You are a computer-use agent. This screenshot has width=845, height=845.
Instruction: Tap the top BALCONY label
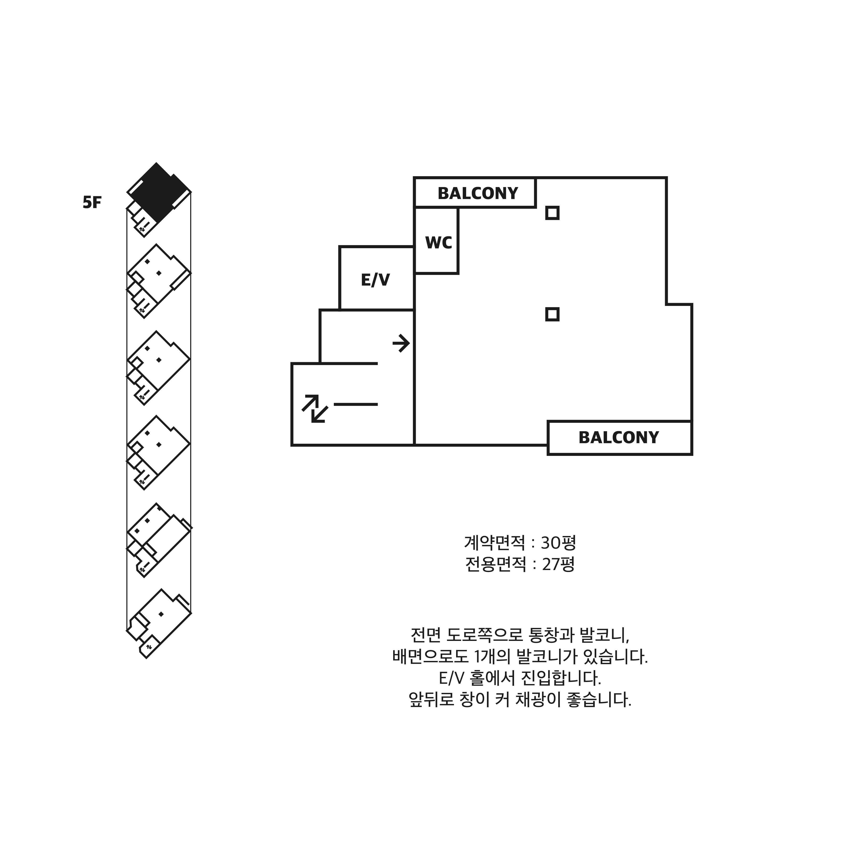tap(478, 193)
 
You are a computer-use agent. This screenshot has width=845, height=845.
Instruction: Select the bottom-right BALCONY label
tap(618, 437)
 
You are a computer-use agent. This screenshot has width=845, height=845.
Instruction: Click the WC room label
tap(438, 243)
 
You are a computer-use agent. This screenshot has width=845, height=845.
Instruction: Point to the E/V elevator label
tap(375, 280)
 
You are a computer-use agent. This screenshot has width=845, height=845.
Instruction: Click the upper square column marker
tap(552, 213)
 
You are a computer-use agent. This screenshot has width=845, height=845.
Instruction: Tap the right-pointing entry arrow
tap(401, 343)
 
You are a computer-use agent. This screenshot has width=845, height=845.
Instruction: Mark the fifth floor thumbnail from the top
tap(158, 540)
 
